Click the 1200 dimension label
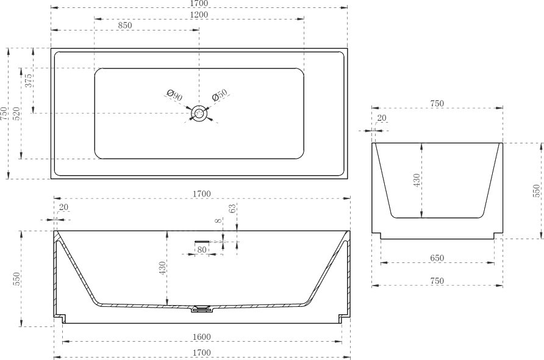199,15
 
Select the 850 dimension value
125,26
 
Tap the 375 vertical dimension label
29,80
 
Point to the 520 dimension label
16,113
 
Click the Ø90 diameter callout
174,95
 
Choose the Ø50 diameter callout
220,95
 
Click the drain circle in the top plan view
199,113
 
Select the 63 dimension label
232,208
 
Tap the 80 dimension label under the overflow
202,250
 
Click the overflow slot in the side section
202,241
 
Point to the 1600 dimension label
202,337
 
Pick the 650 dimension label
437,258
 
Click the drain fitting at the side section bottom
202,308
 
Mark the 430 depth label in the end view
417,180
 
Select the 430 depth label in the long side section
162,268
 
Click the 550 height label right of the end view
536,191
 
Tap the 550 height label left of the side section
16,279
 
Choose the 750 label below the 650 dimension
437,281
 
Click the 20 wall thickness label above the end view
382,118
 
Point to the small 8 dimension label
218,221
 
